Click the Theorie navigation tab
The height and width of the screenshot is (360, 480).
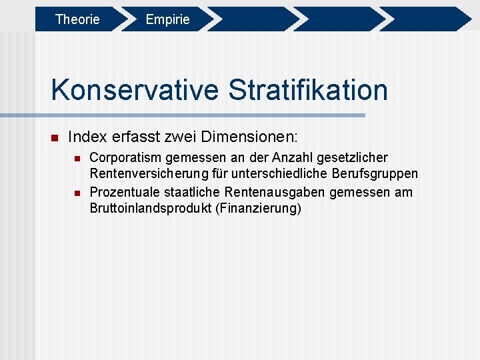pos(77,19)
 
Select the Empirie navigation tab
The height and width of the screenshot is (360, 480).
pos(167,19)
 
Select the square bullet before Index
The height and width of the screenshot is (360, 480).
pos(55,138)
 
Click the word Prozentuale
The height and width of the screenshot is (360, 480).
pos(123,192)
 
